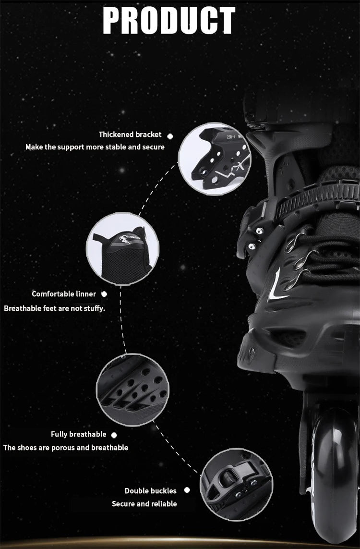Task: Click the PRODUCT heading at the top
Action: [169, 21]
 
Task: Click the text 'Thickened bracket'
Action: [130, 134]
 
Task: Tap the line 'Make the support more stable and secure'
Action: [95, 147]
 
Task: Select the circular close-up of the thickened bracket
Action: [215, 159]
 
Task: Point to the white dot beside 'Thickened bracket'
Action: [170, 136]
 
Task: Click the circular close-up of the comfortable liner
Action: [122, 249]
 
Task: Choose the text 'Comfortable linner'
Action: [64, 294]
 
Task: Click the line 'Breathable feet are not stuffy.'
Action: [54, 308]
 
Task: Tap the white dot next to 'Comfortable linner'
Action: [104, 294]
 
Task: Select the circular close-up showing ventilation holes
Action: [132, 390]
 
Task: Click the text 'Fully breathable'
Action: [78, 435]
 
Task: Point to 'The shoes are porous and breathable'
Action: [66, 448]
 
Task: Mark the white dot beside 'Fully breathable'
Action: [114, 435]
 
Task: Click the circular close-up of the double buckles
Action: [237, 485]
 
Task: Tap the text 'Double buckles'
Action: [150, 491]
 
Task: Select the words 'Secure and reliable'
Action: [144, 504]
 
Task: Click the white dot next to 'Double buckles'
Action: [187, 490]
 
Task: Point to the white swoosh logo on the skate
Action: [276, 285]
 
